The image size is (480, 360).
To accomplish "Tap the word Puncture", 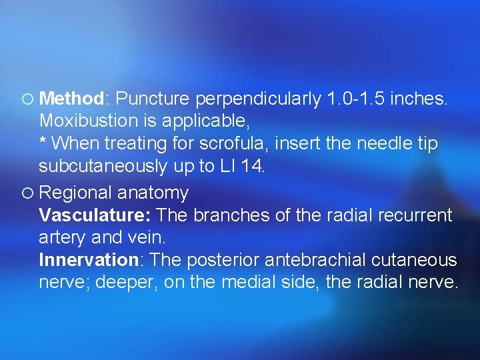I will (153, 99).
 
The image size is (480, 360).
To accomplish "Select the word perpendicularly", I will (259, 99).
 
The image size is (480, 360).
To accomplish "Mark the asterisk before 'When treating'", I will (43, 141).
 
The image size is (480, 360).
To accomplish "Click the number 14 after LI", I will (253, 167).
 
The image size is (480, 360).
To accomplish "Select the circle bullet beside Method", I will (26, 99).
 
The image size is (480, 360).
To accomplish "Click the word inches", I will (419, 99).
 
